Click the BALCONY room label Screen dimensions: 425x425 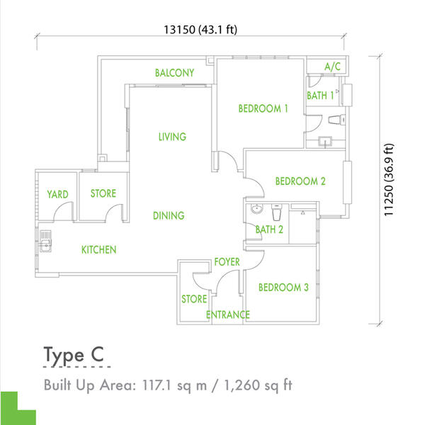pos(174,73)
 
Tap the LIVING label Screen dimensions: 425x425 pos(172,137)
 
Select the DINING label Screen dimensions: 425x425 pos(169,215)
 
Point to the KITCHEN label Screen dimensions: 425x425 pos(98,249)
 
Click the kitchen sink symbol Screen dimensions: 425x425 pos(45,242)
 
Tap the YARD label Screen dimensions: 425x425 pos(57,194)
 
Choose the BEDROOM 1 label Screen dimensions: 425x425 pos(263,108)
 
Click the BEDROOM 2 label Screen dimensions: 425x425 pos(300,181)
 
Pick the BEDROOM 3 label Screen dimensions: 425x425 pos(283,288)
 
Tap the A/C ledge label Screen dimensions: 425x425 pos(333,67)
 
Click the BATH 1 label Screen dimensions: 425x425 pos(320,96)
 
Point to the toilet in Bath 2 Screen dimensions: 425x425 pos(276,212)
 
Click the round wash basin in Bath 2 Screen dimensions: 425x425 pos(256,209)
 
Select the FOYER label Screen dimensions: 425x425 pos(227,262)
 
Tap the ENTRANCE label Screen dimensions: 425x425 pos(227,314)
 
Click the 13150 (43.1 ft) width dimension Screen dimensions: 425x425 pos(200,29)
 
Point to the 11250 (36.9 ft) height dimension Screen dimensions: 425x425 pos(388,180)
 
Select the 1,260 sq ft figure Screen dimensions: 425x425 pos(258,385)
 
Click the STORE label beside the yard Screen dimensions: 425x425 pos(103,193)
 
